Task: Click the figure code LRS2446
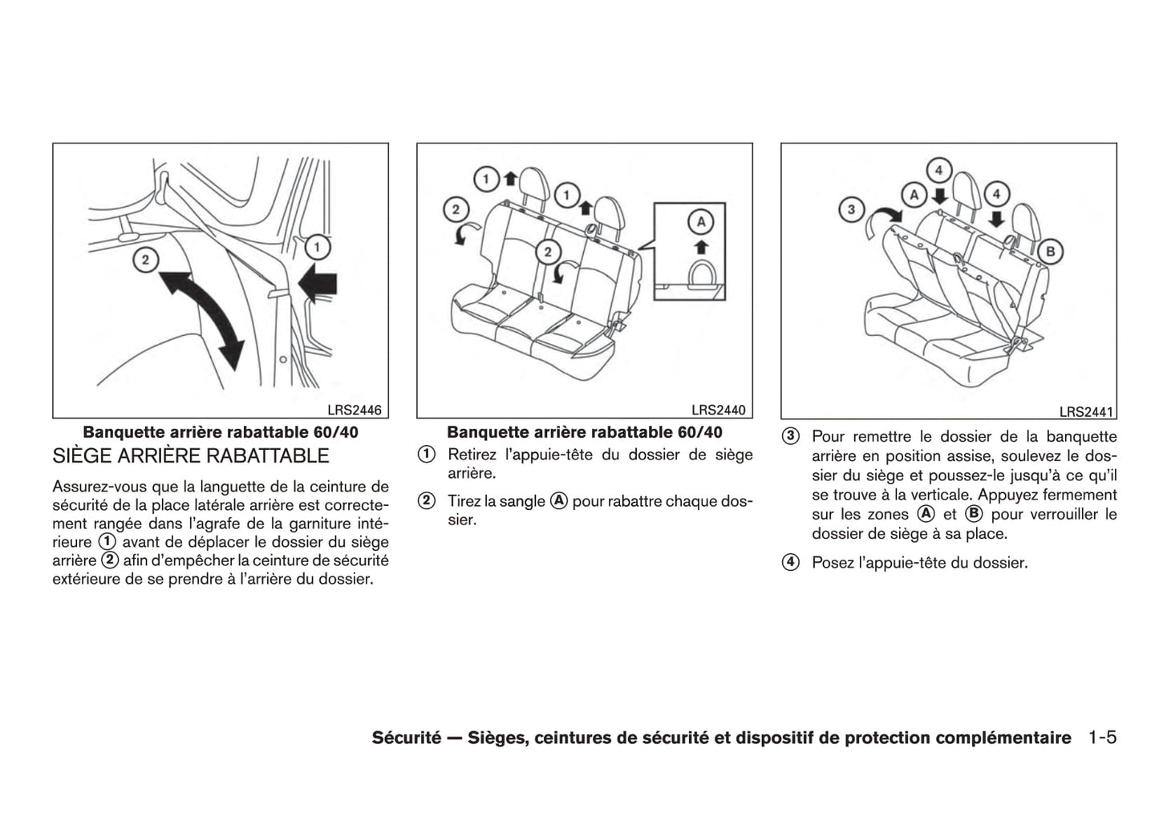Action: tap(359, 411)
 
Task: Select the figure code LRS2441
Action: tap(1087, 412)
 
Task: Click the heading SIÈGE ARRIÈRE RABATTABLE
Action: tap(191, 456)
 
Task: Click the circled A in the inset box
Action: tap(699, 221)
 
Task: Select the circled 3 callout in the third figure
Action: tap(850, 211)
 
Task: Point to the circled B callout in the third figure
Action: tap(1050, 252)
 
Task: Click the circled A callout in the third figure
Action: tap(913, 194)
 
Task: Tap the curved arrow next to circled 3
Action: tap(884, 219)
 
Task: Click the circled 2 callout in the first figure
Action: tap(145, 260)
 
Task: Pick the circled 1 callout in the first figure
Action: tap(317, 247)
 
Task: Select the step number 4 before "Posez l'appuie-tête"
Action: tap(791, 563)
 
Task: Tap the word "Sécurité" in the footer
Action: tap(407, 738)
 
